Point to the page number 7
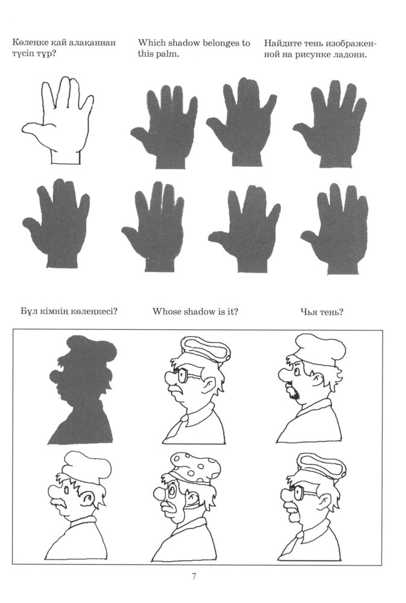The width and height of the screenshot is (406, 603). point(194,576)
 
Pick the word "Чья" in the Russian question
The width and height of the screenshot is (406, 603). point(308,312)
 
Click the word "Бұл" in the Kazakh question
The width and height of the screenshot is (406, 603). point(28,311)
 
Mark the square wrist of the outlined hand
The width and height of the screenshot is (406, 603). point(65,157)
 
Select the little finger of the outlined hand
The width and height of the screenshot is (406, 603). point(86,106)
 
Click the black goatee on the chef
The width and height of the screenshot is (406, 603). point(294,393)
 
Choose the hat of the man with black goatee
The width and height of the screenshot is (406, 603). point(320,349)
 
